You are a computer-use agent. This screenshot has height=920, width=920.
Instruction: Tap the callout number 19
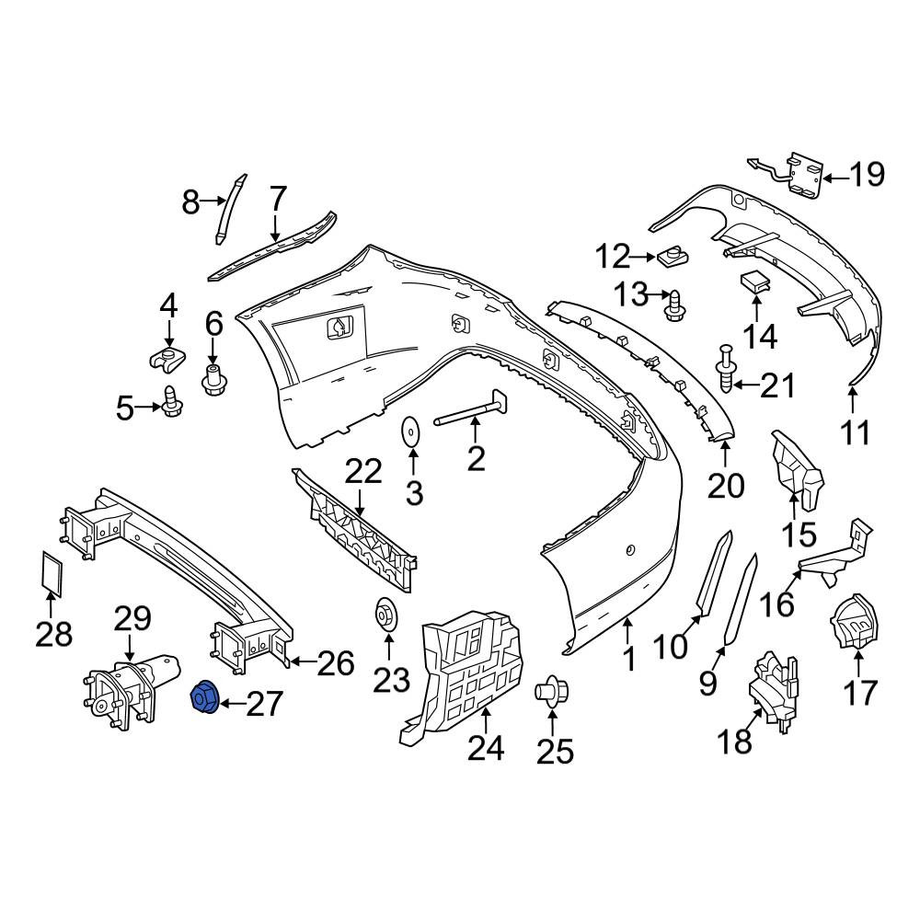867,175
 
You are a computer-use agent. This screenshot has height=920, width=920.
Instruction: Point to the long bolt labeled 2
470,410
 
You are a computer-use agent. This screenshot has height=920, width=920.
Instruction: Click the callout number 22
363,470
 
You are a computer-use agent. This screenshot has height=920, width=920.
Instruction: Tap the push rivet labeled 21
726,370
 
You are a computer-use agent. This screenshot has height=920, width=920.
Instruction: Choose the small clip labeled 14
755,282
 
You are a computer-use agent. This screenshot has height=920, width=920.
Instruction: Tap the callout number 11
856,433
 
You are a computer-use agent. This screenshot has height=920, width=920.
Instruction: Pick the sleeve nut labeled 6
213,380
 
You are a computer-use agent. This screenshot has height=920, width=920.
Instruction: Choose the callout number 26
336,662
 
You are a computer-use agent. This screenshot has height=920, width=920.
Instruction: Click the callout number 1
628,659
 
